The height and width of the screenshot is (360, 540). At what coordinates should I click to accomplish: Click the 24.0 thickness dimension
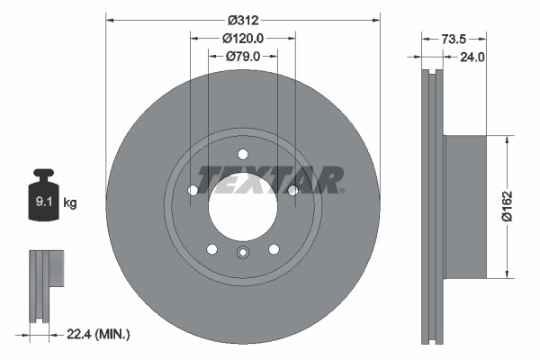[472, 57]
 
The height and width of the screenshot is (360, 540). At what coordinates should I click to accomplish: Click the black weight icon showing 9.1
[44, 196]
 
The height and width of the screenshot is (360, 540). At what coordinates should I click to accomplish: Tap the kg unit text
[70, 203]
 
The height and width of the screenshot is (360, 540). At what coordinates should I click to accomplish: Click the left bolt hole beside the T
[193, 190]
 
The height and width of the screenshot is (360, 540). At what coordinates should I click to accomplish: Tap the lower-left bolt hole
[212, 248]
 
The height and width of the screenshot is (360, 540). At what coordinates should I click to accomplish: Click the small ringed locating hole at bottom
[242, 253]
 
